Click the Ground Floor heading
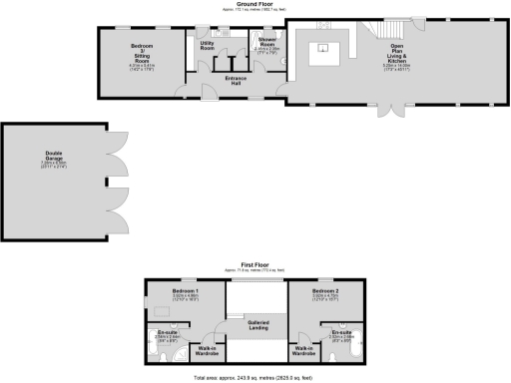[255, 4]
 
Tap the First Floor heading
[255, 266]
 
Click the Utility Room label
[208, 46]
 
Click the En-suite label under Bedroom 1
[166, 333]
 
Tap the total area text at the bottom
[255, 378]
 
